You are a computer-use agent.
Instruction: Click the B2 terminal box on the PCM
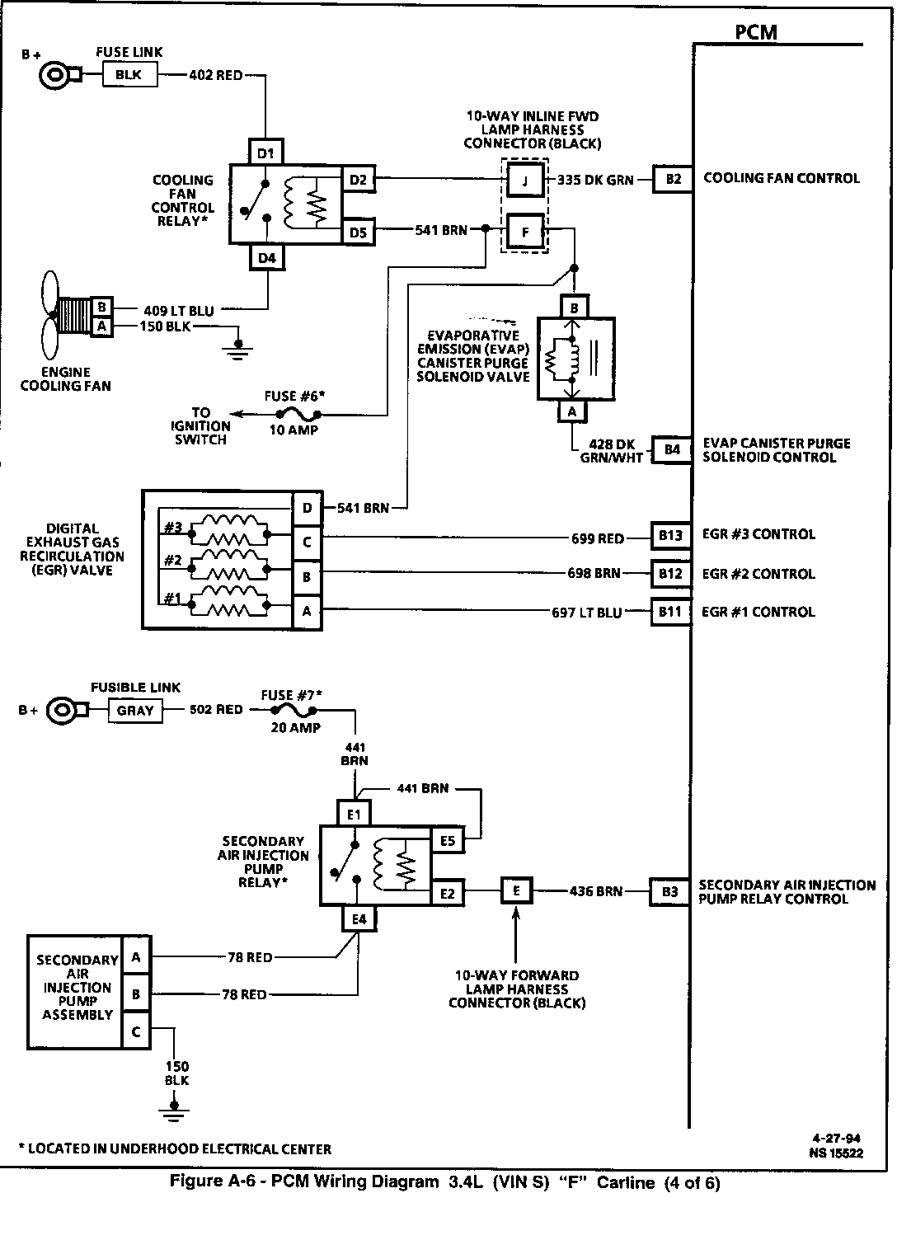point(674,179)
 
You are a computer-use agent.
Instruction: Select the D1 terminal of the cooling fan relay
point(265,152)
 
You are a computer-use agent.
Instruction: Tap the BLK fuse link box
point(129,75)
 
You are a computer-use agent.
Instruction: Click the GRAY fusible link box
point(135,710)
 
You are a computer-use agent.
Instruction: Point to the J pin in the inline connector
point(524,180)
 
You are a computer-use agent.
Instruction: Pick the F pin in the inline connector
point(524,232)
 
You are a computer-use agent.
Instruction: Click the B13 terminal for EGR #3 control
point(670,536)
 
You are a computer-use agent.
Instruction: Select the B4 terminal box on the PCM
point(672,449)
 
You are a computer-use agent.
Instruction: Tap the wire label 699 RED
point(598,539)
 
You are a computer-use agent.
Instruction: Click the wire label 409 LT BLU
point(178,311)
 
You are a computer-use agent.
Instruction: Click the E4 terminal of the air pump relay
point(359,919)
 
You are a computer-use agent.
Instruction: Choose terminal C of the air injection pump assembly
point(136,1031)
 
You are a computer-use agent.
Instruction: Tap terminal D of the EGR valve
point(307,508)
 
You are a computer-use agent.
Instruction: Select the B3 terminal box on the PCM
point(669,892)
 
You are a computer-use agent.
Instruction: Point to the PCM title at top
point(755,32)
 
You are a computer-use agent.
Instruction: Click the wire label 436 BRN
point(595,891)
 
